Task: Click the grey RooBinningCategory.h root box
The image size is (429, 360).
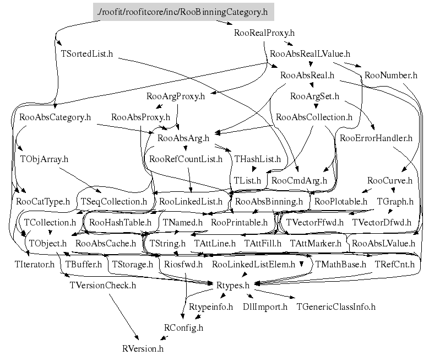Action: click(183, 12)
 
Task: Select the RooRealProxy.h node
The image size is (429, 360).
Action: click(264, 33)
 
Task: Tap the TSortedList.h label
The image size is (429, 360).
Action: click(86, 53)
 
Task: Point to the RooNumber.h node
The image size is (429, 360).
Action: click(391, 75)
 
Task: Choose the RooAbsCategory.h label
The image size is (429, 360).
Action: click(55, 117)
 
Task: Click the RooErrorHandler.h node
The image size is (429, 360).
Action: click(376, 138)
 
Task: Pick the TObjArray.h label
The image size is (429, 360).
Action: click(44, 159)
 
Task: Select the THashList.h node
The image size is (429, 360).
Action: click(257, 159)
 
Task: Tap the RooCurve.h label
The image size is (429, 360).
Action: click(389, 180)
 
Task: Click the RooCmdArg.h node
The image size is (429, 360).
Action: click(300, 180)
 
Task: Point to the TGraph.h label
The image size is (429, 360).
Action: click(395, 202)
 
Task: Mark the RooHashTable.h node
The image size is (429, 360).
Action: click(121, 223)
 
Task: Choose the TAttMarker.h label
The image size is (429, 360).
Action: click(316, 244)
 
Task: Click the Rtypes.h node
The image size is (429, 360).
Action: click(233, 286)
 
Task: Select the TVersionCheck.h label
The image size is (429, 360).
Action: click(103, 286)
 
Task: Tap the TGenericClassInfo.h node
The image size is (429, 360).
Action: click(336, 307)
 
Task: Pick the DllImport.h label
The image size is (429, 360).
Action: click(265, 307)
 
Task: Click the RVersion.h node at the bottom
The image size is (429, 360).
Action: click(143, 349)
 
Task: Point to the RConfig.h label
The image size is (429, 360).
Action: click(183, 327)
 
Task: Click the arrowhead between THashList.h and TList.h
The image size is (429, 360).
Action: click(254, 169)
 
